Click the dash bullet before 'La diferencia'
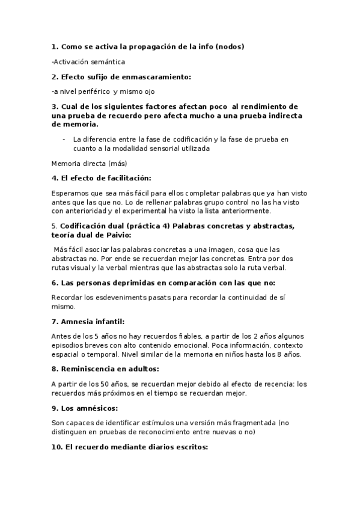(64, 140)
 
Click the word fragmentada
(252, 423)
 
